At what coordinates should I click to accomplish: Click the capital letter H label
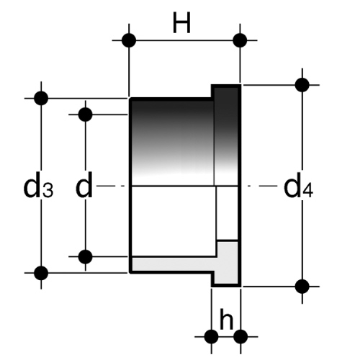click(181, 23)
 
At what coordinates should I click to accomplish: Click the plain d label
click(84, 185)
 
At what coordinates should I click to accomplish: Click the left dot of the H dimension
click(129, 40)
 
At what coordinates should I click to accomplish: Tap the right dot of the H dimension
click(240, 40)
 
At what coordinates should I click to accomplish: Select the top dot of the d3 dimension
click(41, 98)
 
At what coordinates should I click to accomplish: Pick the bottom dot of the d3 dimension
click(41, 273)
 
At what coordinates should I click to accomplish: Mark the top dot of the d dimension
click(86, 114)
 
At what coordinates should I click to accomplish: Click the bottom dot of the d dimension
click(86, 256)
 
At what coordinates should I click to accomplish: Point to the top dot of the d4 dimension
click(302, 85)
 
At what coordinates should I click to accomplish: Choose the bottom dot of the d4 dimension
click(302, 287)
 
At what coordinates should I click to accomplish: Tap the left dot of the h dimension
click(212, 336)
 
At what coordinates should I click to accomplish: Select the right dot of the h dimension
click(240, 336)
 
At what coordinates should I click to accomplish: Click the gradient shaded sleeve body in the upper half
click(173, 142)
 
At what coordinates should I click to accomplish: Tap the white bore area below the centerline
click(174, 221)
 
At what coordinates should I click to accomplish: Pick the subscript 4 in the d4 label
click(308, 192)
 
